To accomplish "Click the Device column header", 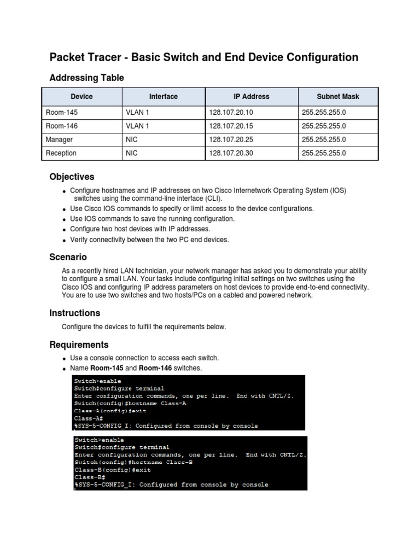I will click(81, 97).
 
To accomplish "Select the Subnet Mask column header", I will click(337, 97).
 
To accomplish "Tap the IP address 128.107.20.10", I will click(231, 112).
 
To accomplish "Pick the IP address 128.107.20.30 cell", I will click(231, 153).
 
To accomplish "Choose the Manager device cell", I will click(59, 139).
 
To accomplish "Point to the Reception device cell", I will click(61, 153).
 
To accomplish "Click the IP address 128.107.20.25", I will click(231, 139).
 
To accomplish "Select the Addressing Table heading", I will click(86, 78).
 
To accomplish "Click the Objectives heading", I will click(72, 177).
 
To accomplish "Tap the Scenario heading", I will click(68, 257).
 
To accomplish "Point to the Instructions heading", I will click(74, 313).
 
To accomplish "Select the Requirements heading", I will click(79, 345).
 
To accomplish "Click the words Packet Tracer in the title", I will click(82, 57).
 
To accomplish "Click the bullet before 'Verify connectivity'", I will click(65, 240).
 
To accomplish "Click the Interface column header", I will click(163, 97).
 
